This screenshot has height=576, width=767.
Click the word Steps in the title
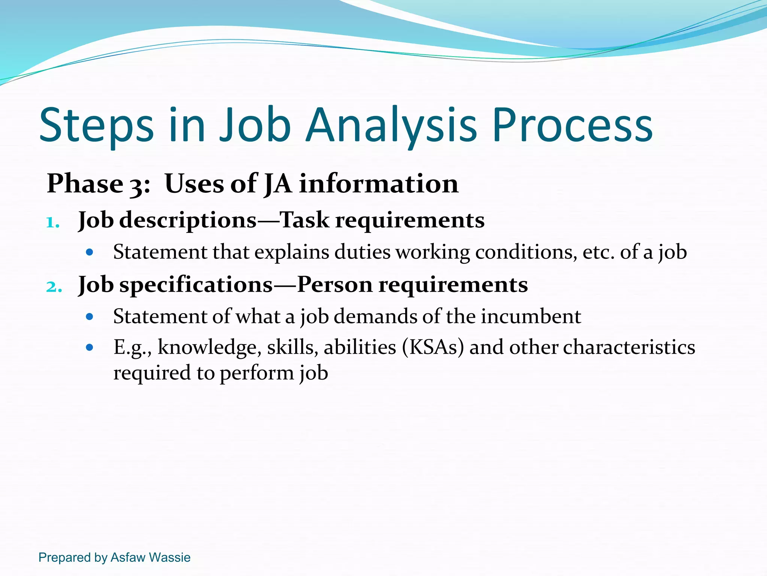[96, 126]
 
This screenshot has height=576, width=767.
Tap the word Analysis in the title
[391, 126]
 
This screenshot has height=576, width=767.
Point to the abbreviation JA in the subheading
[278, 184]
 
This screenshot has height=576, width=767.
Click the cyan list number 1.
[52, 223]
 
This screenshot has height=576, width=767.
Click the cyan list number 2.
[54, 287]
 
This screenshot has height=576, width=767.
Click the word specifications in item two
[196, 285]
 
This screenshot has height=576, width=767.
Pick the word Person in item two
[334, 285]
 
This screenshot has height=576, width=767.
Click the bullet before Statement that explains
[89, 252]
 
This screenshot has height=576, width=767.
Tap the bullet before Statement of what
[89, 317]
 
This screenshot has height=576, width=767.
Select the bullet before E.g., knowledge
[89, 348]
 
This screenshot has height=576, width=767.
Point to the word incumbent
[531, 316]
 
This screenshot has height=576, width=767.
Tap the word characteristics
[629, 347]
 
